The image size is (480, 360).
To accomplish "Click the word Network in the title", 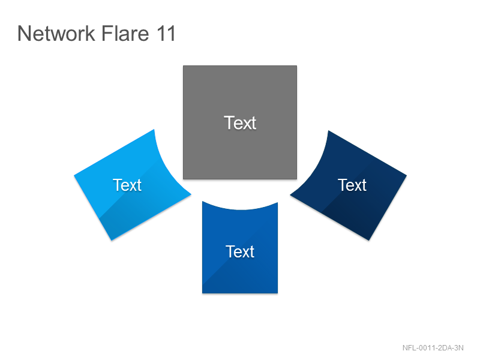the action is coord(56,34).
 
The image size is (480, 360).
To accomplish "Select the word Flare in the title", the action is coord(125,34).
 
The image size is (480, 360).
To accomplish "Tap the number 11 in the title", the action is coord(166,34).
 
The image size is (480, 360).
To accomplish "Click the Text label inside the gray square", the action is coord(240,123).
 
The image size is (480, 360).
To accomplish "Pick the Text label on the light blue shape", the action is coord(127,185).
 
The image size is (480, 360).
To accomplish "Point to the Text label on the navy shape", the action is coord(352,185).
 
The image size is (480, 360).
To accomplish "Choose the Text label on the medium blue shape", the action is coord(240,251).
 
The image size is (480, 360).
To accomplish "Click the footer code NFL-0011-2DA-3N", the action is coord(433,348).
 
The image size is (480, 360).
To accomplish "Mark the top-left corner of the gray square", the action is coord(184,66).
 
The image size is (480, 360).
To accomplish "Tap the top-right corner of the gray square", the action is coord(296,66).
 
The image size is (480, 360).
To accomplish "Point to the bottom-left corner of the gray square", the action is coord(184,179).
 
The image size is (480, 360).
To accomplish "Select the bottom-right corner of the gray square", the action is coord(296,179).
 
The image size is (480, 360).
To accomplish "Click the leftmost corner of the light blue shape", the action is coord(74,175).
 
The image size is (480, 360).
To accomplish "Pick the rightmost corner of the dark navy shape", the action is coord(407,175).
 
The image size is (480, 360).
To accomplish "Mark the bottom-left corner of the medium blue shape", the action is coord(202,293).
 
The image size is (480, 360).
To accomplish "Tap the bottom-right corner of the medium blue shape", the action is coord(278,293).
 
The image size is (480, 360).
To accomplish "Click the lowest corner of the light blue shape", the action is coord(112,241).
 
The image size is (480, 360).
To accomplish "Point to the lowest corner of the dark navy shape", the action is coord(368,241).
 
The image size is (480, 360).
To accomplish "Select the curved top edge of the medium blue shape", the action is coord(240,209).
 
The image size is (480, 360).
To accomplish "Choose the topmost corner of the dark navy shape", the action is coord(328,131).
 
